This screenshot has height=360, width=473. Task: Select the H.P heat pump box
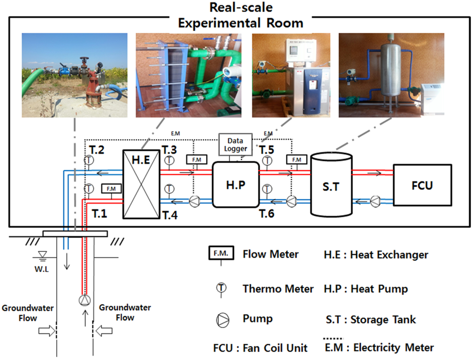(235, 184)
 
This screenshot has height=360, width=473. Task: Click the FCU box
(422, 185)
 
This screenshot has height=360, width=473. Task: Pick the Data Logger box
(235, 145)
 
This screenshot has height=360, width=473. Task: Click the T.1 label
(99, 213)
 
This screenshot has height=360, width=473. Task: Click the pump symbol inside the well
(84, 300)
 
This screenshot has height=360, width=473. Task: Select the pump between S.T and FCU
(376, 201)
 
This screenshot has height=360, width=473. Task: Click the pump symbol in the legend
(222, 318)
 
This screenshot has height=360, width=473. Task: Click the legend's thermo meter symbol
(222, 288)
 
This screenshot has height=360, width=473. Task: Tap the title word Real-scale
(241, 7)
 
